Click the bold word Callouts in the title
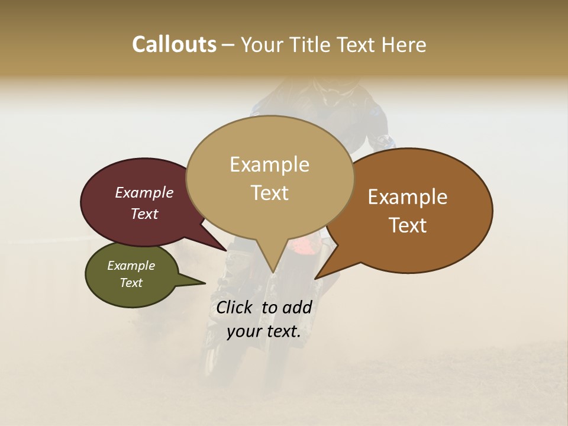tap(174, 44)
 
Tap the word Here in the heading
tap(402, 44)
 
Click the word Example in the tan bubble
tap(269, 164)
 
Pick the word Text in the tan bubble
tap(269, 193)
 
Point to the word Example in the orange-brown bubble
tap(408, 197)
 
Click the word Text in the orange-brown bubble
tap(408, 225)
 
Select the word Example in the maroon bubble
tap(144, 192)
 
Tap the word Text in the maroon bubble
tap(144, 214)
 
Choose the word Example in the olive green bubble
tap(131, 266)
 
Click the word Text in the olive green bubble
tap(131, 283)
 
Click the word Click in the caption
tap(234, 307)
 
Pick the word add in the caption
tap(296, 307)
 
